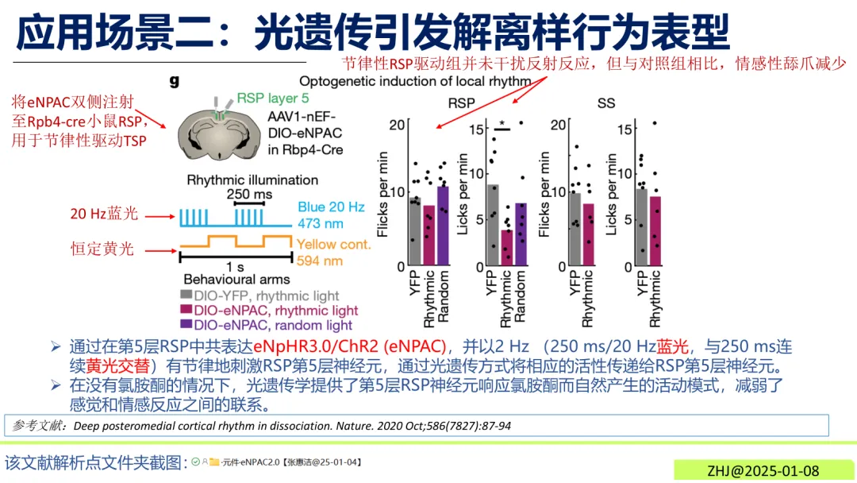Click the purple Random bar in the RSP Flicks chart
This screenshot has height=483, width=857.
pyautogui.click(x=443, y=226)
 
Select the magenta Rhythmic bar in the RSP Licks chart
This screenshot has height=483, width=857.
pyautogui.click(x=506, y=247)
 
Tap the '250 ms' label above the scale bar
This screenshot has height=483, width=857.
pyautogui.click(x=248, y=195)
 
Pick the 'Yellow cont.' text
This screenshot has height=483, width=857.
pyautogui.click(x=333, y=244)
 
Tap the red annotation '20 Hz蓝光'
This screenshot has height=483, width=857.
pyautogui.click(x=105, y=214)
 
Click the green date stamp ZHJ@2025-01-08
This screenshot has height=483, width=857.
pyautogui.click(x=762, y=470)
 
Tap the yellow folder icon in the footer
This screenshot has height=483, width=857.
pyautogui.click(x=214, y=462)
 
